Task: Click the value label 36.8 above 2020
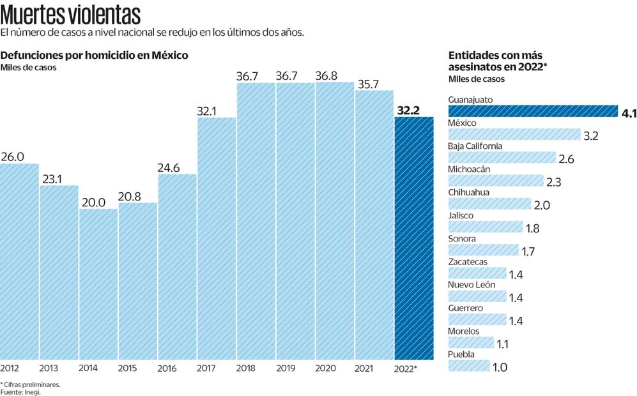click(326, 75)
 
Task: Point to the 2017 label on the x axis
click(206, 369)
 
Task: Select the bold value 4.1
click(628, 113)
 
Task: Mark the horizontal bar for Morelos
click(472, 343)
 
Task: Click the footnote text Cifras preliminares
click(32, 385)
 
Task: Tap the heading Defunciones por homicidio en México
click(95, 55)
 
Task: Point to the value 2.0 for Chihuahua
click(542, 205)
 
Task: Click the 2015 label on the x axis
click(128, 369)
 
